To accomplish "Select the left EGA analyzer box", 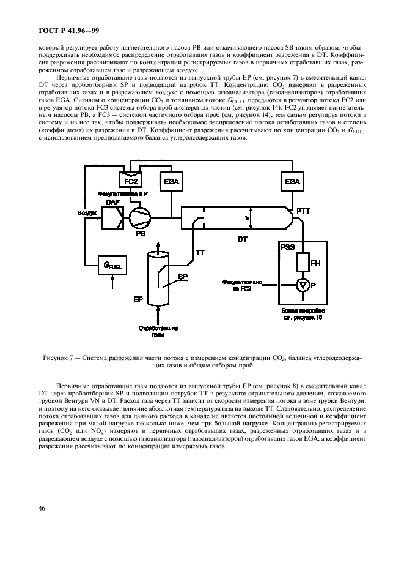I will point(171,181).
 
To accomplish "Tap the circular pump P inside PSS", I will point(301,285).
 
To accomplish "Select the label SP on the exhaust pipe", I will point(182,277).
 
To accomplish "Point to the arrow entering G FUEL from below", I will point(112,282).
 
